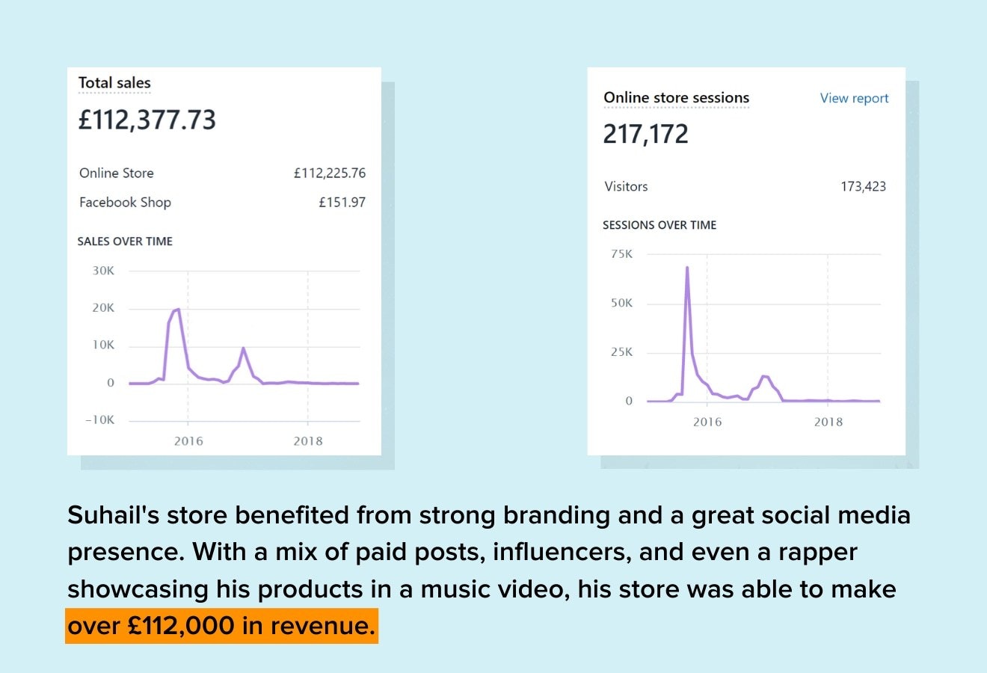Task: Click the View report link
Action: (x=854, y=98)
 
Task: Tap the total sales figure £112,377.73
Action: (x=147, y=120)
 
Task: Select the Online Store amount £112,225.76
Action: (x=330, y=173)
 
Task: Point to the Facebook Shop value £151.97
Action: (x=342, y=202)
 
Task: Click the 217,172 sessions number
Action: (x=645, y=134)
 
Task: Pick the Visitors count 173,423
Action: (x=863, y=186)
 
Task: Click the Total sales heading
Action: (x=114, y=83)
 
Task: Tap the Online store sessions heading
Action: (x=676, y=98)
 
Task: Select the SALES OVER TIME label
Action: (x=125, y=241)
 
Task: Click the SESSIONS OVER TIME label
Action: (x=659, y=224)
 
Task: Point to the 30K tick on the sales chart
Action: (x=103, y=271)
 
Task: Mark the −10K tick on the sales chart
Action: (x=100, y=420)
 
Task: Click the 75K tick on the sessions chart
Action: (x=621, y=254)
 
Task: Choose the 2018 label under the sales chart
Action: (x=308, y=440)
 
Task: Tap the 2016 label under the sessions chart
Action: (x=707, y=422)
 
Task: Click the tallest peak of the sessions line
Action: (x=687, y=268)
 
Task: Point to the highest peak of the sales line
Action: (x=178, y=309)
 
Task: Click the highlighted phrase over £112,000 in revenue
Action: (x=221, y=625)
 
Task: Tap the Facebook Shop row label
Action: (x=125, y=202)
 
